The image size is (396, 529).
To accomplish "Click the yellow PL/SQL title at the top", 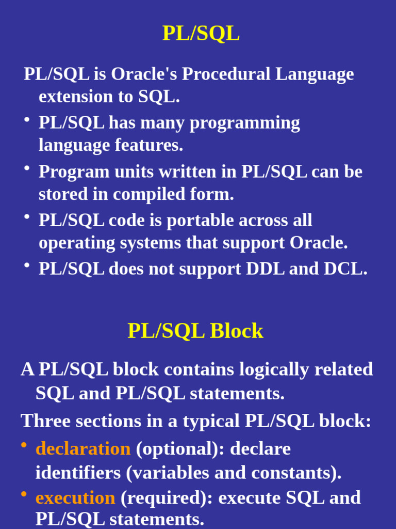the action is pyautogui.click(x=201, y=34).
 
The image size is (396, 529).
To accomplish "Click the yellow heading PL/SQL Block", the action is pyautogui.click(x=195, y=331).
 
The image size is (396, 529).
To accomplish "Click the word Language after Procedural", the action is pyautogui.click(x=314, y=74).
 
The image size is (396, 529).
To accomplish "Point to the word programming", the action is pyautogui.click(x=244, y=123).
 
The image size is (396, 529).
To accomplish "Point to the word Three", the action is pyautogui.click(x=45, y=421).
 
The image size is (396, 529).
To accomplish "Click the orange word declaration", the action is pyautogui.click(x=83, y=449).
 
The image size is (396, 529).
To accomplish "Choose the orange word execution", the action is pyautogui.click(x=75, y=498).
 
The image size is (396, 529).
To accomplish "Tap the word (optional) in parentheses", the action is pyautogui.click(x=180, y=449).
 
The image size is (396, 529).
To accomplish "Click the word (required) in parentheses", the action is pyautogui.click(x=167, y=498).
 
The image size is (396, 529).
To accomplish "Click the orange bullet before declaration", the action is pyautogui.click(x=24, y=445).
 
